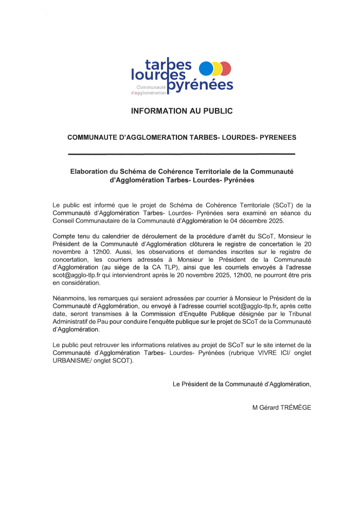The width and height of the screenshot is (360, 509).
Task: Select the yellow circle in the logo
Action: point(217,68)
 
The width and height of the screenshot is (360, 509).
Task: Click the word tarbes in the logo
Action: point(168,64)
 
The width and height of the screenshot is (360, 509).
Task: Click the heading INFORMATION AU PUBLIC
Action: point(182,111)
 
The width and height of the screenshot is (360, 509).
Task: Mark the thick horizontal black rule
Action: point(182,154)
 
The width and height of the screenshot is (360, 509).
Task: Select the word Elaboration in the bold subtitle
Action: point(91,172)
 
